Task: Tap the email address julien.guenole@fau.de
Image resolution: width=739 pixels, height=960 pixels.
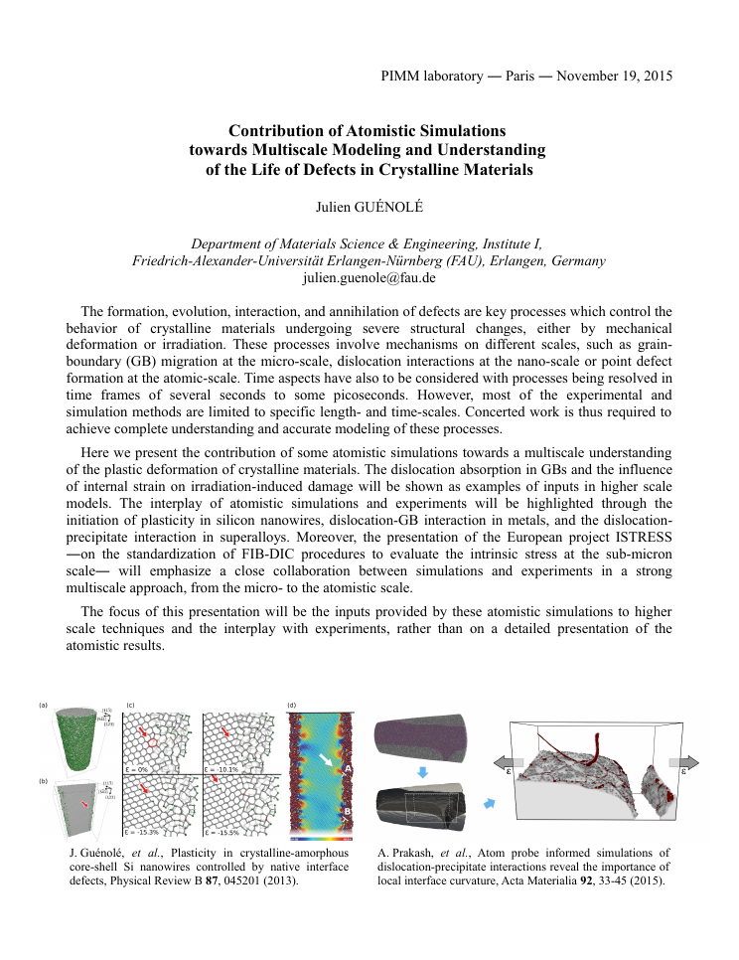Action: pyautogui.click(x=369, y=278)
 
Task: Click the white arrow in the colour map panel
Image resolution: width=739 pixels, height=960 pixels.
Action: pyautogui.click(x=326, y=761)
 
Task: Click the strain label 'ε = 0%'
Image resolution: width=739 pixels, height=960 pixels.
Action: pyautogui.click(x=136, y=769)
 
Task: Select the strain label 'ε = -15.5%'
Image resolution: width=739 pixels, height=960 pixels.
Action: pyautogui.click(x=221, y=832)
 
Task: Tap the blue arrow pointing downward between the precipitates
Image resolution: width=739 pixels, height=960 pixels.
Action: pyautogui.click(x=422, y=771)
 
